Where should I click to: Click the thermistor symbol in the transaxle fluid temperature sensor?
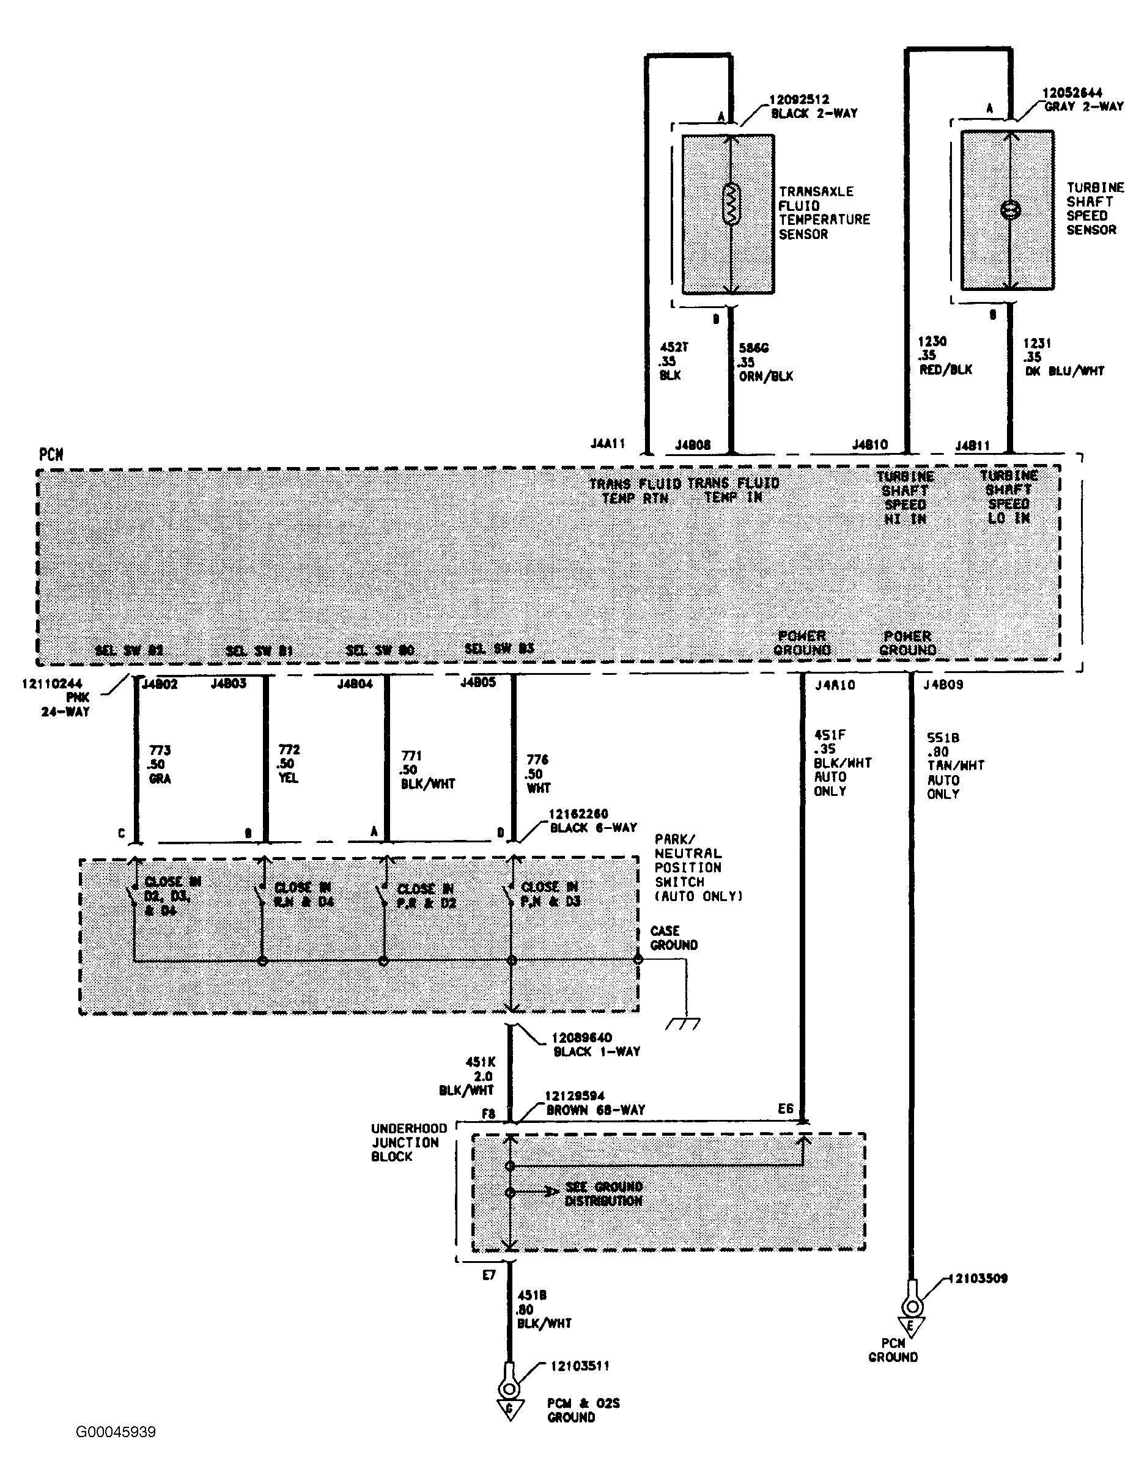point(731,204)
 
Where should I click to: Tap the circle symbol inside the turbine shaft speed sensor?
point(1011,210)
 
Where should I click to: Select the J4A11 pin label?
point(607,443)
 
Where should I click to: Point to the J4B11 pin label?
point(972,446)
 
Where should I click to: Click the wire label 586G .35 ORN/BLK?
point(765,362)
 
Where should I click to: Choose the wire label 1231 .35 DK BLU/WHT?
point(1062,357)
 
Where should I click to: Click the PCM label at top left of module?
point(51,454)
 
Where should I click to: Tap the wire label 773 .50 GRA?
point(160,764)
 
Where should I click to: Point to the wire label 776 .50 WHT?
point(538,773)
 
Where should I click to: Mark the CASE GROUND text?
point(673,938)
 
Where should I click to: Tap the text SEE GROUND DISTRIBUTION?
point(603,1193)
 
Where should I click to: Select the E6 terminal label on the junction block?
point(785,1108)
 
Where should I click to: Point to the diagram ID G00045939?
point(116,1432)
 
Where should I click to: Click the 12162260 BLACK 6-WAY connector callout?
point(592,820)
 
